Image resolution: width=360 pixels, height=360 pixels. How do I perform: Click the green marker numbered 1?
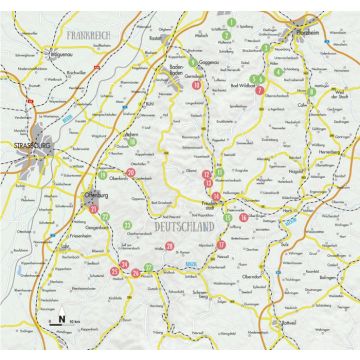pyautogui.click(x=231, y=20)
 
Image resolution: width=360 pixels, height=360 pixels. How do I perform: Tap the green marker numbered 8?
pyautogui.click(x=310, y=91)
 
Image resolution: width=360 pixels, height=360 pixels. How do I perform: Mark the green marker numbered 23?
pyautogui.click(x=129, y=224)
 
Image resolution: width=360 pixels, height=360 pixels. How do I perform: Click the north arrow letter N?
pyautogui.click(x=62, y=319)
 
